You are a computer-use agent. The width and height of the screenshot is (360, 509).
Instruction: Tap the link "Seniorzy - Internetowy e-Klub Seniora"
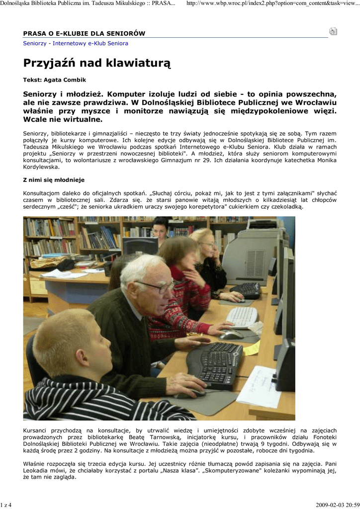pos(76,43)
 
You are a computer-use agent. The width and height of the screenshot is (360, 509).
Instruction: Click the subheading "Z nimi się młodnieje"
pos(54,179)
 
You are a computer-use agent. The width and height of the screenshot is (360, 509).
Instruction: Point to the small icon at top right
pos(333,31)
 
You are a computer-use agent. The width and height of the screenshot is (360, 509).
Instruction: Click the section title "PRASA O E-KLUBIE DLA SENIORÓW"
pos(84,34)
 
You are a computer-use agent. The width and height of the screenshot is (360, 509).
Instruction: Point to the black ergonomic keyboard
pos(215,364)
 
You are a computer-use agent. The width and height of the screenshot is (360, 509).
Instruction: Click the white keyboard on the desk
pos(242,316)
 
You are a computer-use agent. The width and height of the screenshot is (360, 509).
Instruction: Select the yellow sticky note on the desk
pos(253,347)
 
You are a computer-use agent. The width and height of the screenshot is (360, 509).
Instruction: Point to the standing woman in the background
pos(160,230)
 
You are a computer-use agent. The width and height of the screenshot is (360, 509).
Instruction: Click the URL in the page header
pos(272,4)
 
